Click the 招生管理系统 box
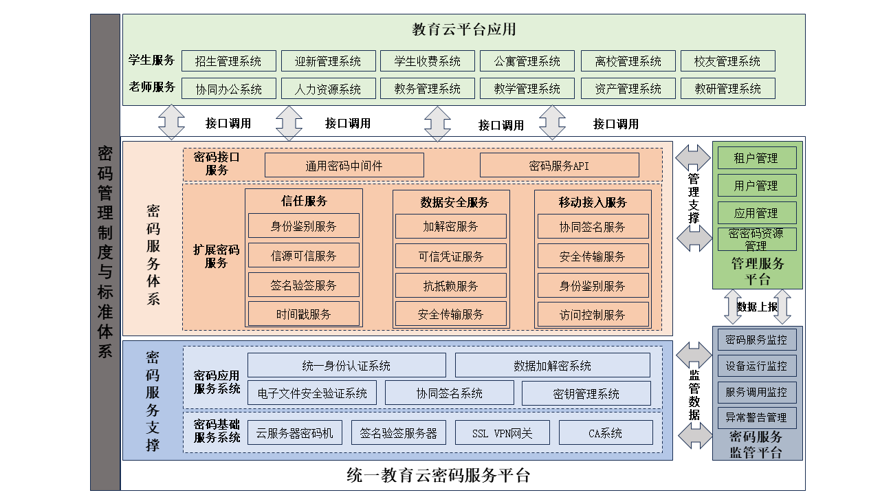(x=229, y=61)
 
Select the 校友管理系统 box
(x=727, y=61)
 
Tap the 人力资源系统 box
(x=329, y=89)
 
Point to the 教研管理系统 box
(x=727, y=89)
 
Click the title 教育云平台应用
(x=463, y=30)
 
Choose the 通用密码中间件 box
(x=344, y=166)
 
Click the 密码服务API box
(x=560, y=166)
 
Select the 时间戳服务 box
(x=304, y=314)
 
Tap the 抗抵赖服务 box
(x=450, y=285)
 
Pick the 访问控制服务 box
(x=593, y=314)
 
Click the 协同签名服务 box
(x=593, y=226)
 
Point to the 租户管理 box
(x=757, y=158)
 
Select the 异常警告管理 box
(x=757, y=417)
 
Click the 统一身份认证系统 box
(x=346, y=365)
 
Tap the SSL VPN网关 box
(x=502, y=432)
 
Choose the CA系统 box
(x=606, y=432)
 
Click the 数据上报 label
(x=757, y=307)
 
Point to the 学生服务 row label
(x=151, y=60)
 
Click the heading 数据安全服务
(x=454, y=202)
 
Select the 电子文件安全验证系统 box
(x=312, y=393)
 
